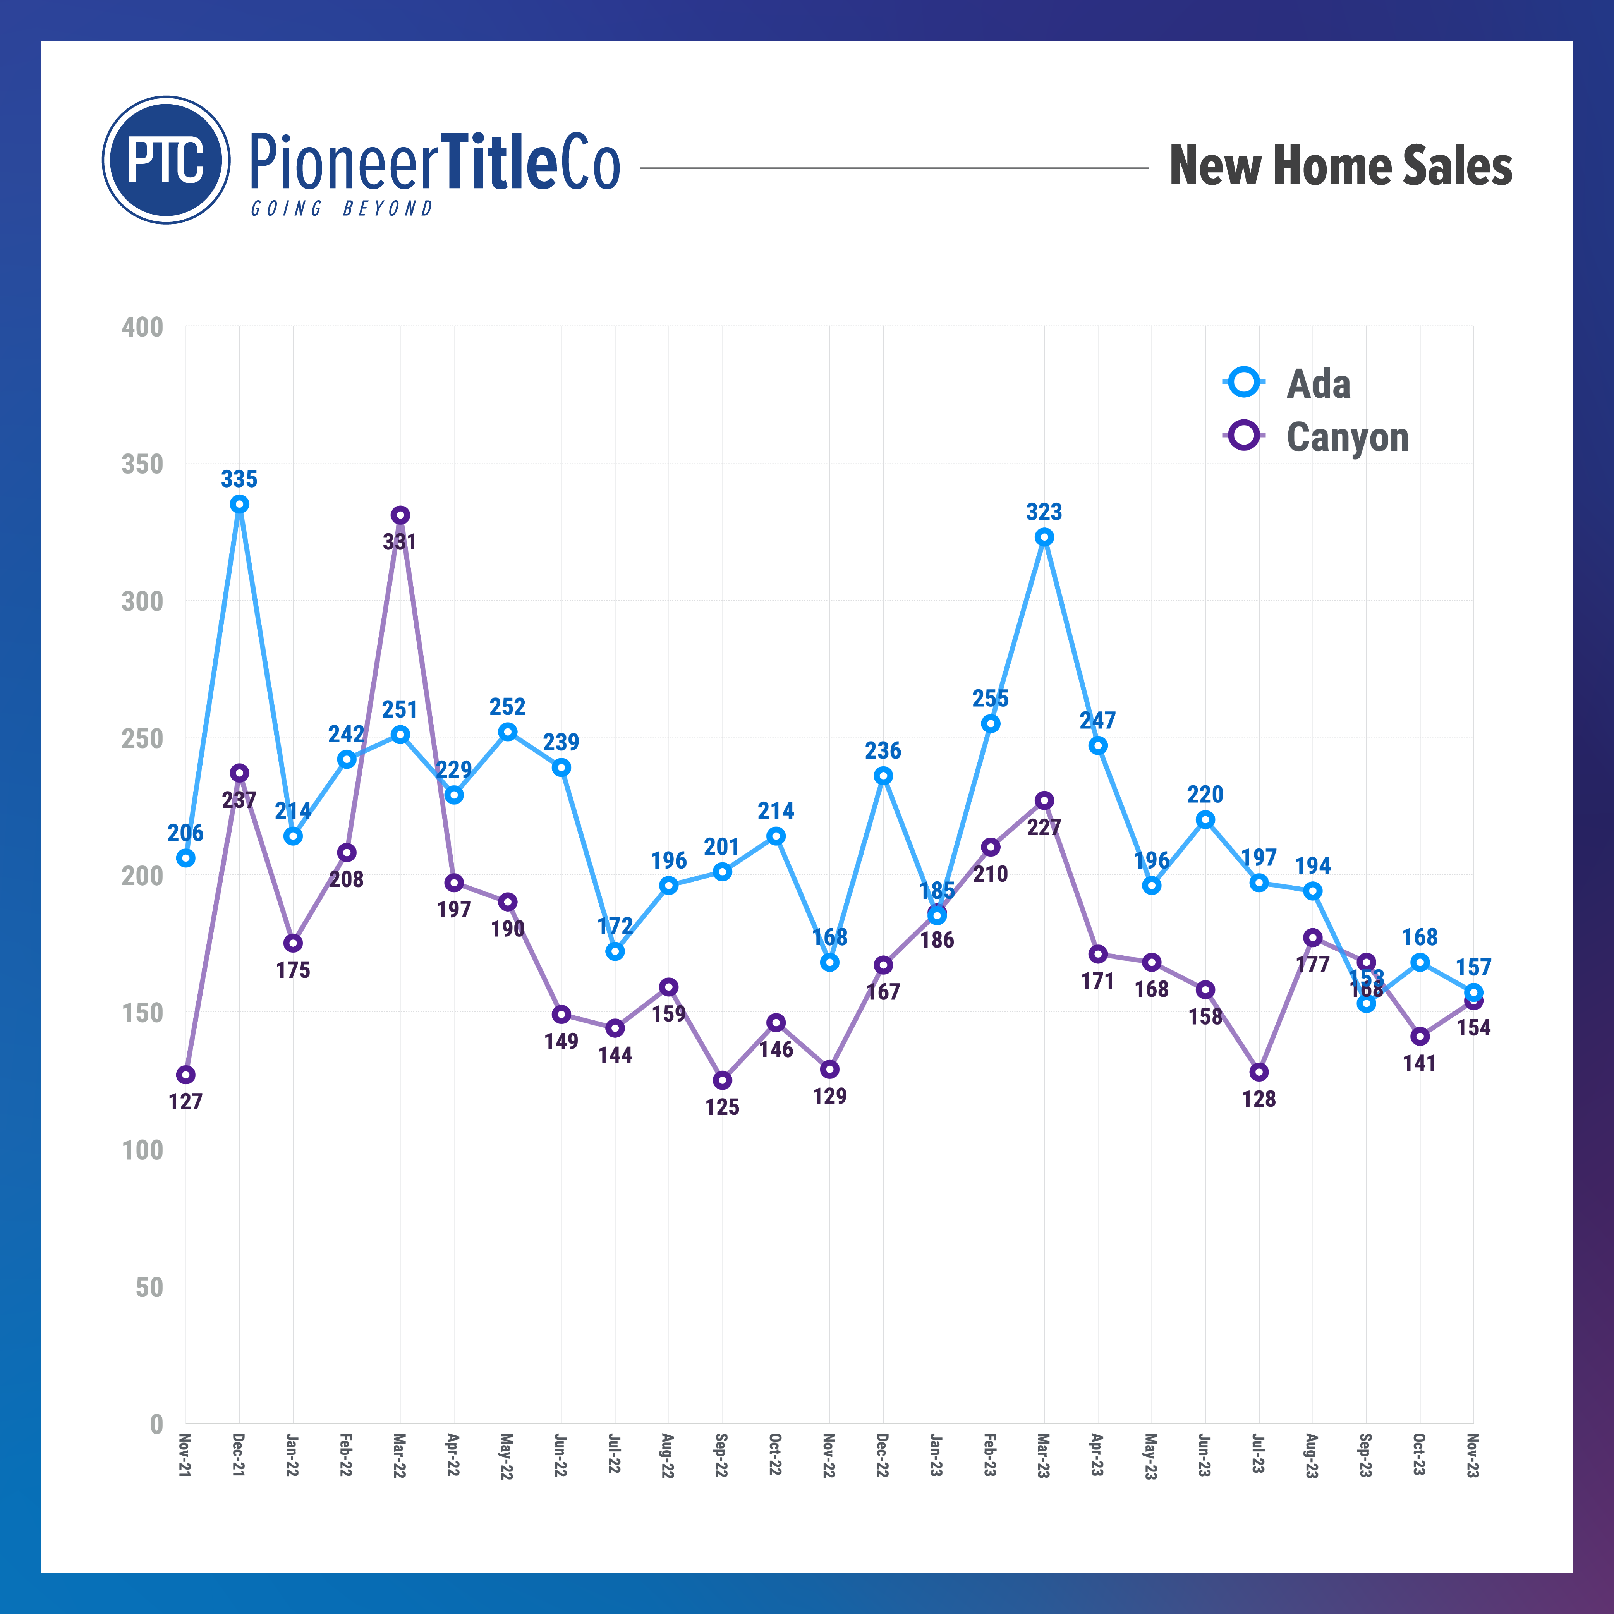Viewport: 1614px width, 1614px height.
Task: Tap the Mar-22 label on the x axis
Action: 399,1456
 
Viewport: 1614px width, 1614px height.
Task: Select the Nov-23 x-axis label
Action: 1473,1456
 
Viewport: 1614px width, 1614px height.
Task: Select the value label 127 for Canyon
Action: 185,1102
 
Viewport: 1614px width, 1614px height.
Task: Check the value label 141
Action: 1419,1063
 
